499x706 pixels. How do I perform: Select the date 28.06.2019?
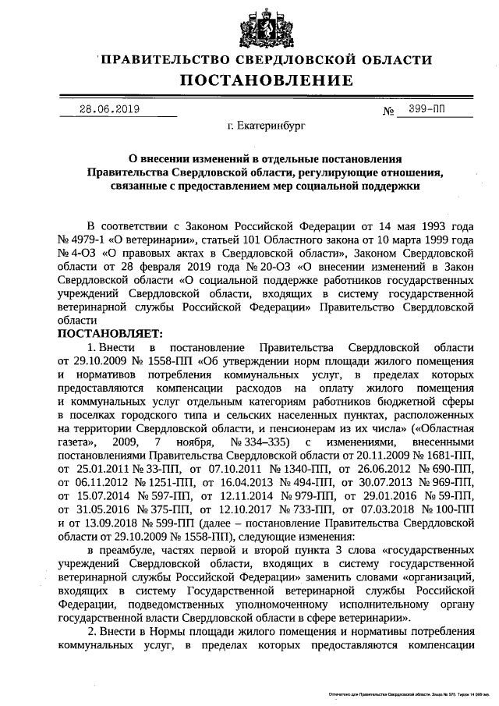[109, 109]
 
